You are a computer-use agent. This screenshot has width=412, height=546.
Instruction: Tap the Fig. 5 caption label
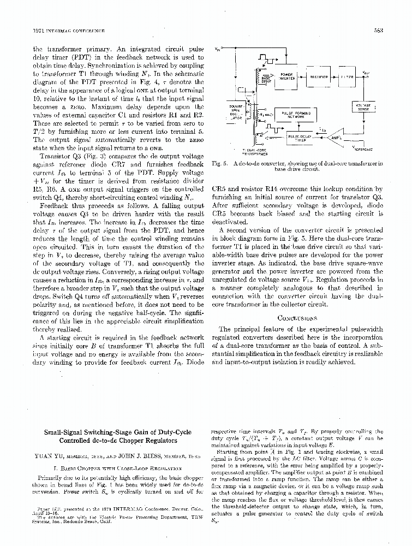[x=217, y=163]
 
